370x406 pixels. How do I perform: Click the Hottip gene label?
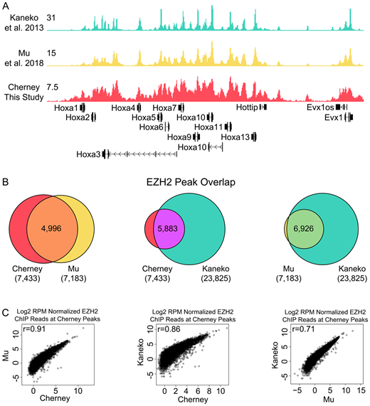247,107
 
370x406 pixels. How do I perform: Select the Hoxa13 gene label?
236,137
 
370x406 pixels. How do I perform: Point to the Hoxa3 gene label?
88,153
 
